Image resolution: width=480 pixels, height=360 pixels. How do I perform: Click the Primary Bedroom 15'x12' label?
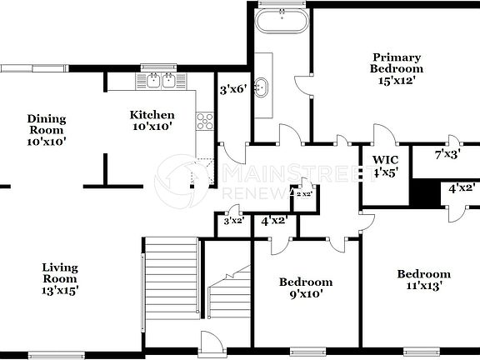(397, 68)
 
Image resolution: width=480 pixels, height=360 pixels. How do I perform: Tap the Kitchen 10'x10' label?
(152, 120)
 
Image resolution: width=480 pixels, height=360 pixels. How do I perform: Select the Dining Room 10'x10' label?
(47, 130)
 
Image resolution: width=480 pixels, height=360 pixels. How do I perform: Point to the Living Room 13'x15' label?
(60, 279)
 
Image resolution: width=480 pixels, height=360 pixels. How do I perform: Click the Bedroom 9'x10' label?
(305, 287)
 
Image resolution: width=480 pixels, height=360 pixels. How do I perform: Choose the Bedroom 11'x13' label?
(423, 279)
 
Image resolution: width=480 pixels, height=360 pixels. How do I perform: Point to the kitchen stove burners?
(204, 122)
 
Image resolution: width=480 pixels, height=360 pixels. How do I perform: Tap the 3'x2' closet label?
(232, 221)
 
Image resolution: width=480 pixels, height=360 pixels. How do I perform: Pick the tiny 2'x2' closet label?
(304, 193)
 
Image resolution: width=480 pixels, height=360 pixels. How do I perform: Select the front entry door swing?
(208, 342)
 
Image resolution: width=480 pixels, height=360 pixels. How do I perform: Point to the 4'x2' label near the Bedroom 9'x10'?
(275, 221)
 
